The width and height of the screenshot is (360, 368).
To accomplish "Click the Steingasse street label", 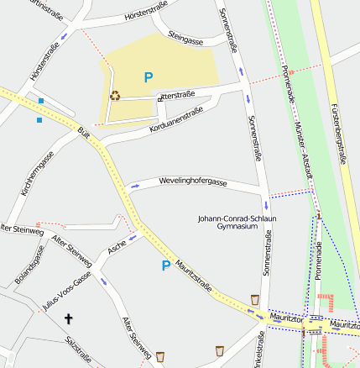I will click(185, 38).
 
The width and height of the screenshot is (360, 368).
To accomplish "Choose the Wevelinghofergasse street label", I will click(193, 182).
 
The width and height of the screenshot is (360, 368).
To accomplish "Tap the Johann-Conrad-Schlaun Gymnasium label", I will click(236, 223).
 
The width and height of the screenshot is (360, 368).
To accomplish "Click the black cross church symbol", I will click(69, 318).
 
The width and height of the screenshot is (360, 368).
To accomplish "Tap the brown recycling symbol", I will click(114, 95).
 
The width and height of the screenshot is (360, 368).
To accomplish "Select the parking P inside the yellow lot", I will click(149, 77).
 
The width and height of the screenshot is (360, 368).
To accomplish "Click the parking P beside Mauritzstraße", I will click(165, 265).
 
